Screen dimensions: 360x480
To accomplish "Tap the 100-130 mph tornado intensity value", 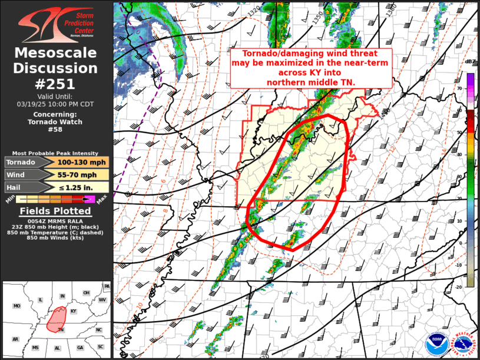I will point(82,162).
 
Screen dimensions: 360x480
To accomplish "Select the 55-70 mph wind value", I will point(82,175).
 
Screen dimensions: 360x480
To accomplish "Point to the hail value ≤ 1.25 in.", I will point(82,187).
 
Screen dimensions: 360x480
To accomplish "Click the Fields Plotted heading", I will point(56,210).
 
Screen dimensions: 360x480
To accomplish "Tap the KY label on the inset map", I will point(74,311).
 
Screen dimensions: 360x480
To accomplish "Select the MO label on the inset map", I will point(17,306).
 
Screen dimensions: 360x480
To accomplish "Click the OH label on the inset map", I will point(86,293).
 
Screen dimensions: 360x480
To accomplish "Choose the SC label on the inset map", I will point(100,346).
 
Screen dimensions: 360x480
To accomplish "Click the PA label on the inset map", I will point(107,286).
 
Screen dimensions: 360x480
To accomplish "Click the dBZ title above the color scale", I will point(469,61).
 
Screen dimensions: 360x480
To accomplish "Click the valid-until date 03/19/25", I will point(34,104).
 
